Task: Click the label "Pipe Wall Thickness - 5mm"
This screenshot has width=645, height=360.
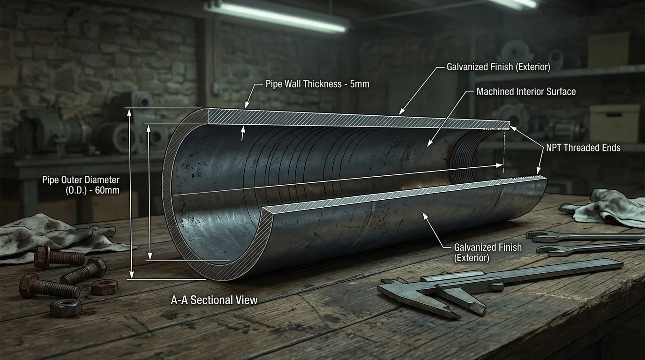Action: (x=317, y=84)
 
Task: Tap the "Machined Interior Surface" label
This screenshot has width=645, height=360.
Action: (x=526, y=91)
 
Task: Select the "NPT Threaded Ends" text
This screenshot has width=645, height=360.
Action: (x=584, y=148)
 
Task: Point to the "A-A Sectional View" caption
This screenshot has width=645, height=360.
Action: (x=214, y=300)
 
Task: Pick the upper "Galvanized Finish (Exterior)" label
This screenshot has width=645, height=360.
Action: (x=498, y=67)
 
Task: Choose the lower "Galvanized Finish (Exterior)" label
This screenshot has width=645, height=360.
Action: (x=488, y=252)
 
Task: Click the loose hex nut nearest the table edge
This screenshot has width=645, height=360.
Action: (x=65, y=307)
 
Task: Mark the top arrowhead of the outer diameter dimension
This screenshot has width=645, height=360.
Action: (x=129, y=112)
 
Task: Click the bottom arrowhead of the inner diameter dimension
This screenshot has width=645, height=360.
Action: (x=150, y=256)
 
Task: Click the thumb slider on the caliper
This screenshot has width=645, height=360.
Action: (x=496, y=286)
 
